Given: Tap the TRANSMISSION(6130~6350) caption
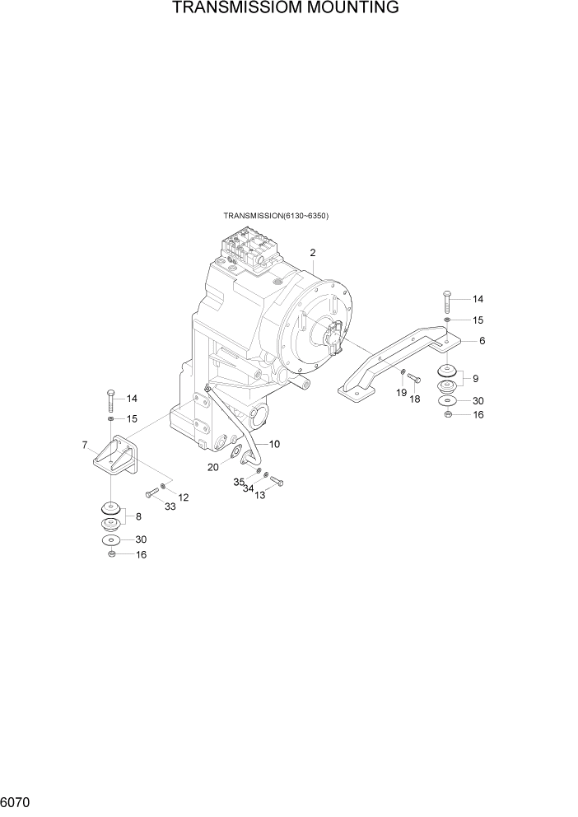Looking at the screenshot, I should pyautogui.click(x=276, y=216).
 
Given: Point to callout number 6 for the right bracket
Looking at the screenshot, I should pyautogui.click(x=482, y=340).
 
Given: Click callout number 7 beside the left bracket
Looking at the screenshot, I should pyautogui.click(x=85, y=446).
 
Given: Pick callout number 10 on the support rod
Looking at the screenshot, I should pyautogui.click(x=274, y=444).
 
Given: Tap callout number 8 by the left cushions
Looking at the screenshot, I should pyautogui.click(x=138, y=516).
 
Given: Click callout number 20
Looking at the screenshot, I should pyautogui.click(x=213, y=467).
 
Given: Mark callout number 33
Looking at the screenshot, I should pyautogui.click(x=170, y=507).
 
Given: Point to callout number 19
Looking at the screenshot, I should pyautogui.click(x=402, y=393).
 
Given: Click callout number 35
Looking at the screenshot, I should pyautogui.click(x=239, y=481).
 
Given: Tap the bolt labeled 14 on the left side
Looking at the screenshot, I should pyautogui.click(x=110, y=401).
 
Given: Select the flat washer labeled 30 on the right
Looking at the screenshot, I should pyautogui.click(x=446, y=400).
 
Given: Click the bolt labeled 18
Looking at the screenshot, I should pyautogui.click(x=414, y=379).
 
